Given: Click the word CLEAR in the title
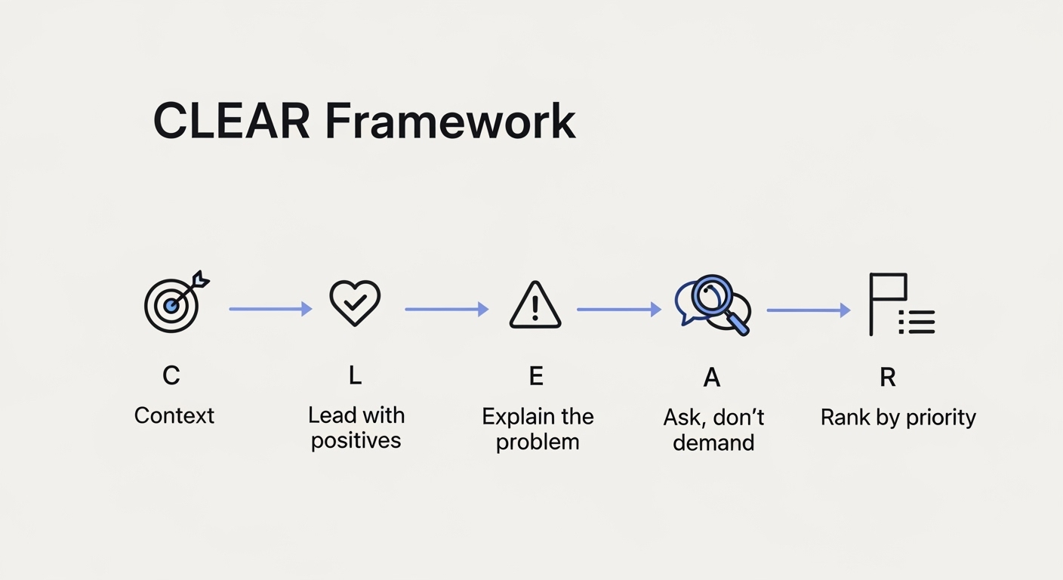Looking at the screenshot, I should (232, 121).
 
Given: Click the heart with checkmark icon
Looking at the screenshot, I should (355, 303).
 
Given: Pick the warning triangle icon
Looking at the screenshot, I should (535, 305).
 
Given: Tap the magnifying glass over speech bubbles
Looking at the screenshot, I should (713, 304).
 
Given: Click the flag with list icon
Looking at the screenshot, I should (900, 305).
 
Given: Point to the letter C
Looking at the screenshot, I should (171, 375).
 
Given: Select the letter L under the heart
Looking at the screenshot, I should (355, 375).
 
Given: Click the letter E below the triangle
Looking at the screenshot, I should (535, 375).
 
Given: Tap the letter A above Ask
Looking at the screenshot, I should (712, 377).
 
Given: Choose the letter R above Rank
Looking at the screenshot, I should (888, 377).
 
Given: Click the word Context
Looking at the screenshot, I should (174, 415).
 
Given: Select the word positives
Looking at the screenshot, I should (356, 441).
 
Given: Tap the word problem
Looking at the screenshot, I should (538, 442).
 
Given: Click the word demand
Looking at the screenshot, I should (713, 443).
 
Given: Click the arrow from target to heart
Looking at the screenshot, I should (270, 308).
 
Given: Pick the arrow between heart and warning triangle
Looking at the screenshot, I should (446, 309).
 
